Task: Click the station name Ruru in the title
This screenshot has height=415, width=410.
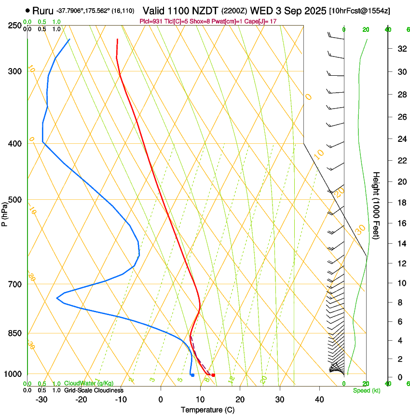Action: pos(43,10)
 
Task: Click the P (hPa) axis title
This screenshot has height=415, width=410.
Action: pos(5,212)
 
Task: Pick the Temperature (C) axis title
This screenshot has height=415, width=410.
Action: pos(207,410)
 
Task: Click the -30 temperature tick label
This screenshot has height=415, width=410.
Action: pos(41,399)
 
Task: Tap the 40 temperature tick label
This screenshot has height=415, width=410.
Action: pos(319,399)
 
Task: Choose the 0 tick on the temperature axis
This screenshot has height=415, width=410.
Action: pos(161,399)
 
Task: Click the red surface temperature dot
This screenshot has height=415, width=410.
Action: pos(213,375)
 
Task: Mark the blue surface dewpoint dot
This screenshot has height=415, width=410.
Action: pos(192,375)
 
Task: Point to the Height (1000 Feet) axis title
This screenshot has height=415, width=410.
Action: pos(376,205)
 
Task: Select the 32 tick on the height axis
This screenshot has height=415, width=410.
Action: pos(400,49)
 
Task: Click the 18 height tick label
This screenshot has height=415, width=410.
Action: pos(400,203)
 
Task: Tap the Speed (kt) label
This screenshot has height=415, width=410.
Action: pos(366,390)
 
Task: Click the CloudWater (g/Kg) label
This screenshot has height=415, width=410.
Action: pos(89,384)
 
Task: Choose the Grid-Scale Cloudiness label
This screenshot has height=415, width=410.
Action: pos(94,390)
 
